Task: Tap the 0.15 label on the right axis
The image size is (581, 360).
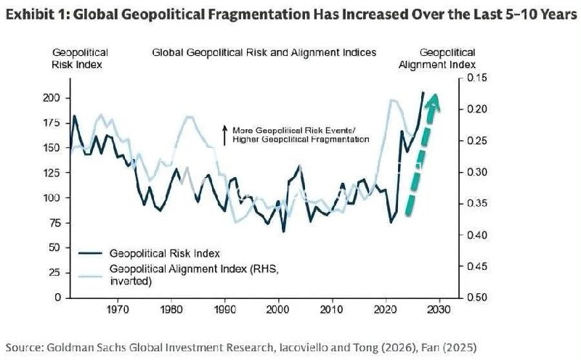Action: (x=476, y=78)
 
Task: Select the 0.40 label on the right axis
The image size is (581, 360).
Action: (x=476, y=235)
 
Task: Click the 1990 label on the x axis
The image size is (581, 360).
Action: (x=225, y=309)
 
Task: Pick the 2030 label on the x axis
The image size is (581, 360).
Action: (x=439, y=309)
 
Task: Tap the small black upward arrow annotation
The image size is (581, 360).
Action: (x=224, y=135)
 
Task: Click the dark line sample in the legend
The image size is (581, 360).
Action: (x=90, y=253)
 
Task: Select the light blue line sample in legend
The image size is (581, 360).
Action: (x=90, y=276)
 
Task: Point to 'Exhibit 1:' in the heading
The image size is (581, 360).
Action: (x=38, y=15)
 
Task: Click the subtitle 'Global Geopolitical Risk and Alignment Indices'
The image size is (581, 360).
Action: (x=264, y=52)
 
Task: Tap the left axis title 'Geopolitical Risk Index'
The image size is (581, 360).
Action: (x=78, y=59)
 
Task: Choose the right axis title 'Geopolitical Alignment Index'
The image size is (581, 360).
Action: (x=437, y=59)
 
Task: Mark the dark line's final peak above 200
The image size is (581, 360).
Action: (x=423, y=92)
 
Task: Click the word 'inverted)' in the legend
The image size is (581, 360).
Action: (x=131, y=282)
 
